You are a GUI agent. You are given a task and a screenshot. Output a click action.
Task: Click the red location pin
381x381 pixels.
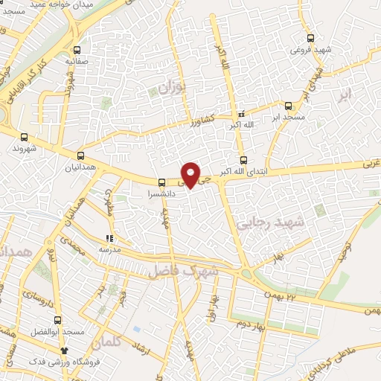click(x=191, y=174)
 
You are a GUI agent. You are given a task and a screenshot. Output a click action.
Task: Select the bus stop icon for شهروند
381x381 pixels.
click(x=25, y=137)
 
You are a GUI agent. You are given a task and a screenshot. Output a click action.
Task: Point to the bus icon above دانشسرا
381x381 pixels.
click(x=162, y=182)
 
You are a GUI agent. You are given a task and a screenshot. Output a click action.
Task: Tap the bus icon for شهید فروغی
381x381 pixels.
click(x=310, y=39)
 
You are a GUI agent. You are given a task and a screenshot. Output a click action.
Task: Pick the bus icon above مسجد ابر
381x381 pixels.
click(x=288, y=106)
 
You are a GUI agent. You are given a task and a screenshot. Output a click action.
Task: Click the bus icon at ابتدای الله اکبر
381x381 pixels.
click(x=243, y=160)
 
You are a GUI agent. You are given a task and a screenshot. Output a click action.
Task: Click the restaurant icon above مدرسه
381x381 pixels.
click(x=110, y=238)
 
